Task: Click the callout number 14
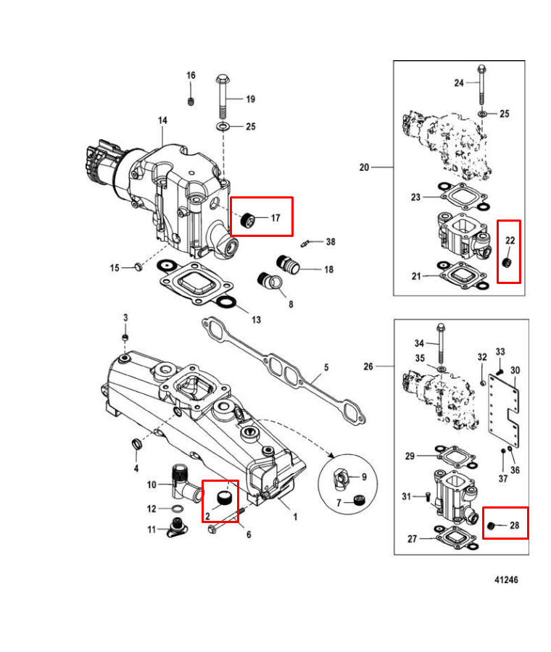[x=162, y=120]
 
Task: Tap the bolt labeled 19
[x=223, y=96]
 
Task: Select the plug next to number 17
[x=248, y=219]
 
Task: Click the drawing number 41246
[x=506, y=580]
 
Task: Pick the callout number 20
[x=364, y=167]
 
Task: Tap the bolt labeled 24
[x=481, y=85]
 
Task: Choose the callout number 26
[x=368, y=367]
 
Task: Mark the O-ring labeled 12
[x=177, y=509]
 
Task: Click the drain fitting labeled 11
[x=177, y=527]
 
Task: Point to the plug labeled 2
[x=224, y=498]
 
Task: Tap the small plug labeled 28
[x=491, y=526]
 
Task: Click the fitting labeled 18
[x=288, y=264]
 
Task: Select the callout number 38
[x=331, y=241]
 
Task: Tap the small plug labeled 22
[x=507, y=263]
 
